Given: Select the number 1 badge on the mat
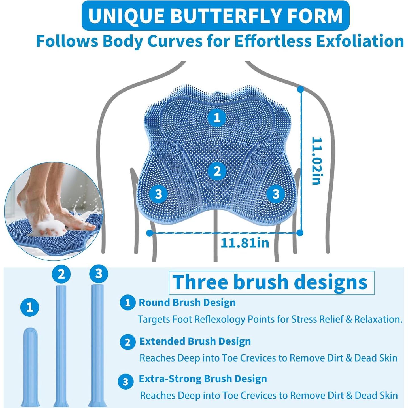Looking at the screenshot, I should pos(217,117).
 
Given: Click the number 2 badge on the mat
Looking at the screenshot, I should pos(217,171).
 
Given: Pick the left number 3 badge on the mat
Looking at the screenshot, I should pos(158,194).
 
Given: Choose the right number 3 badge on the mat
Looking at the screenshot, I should pos(276,194).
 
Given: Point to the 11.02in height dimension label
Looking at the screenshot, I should pos(316,161).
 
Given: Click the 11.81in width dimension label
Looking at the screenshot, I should pos(245,243).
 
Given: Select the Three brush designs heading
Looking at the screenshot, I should pos(271,282).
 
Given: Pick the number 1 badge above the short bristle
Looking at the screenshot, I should pos(30,307).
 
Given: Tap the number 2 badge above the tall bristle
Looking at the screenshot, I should pos(61,274).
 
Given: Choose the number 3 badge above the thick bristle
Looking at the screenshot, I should pos(99,274).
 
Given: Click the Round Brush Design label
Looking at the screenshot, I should pos(187,303).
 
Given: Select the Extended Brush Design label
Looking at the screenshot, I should pos(195,341).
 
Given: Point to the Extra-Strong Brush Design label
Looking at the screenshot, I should pos(203,379).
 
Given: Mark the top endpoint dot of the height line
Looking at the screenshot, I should pos(301,90).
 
